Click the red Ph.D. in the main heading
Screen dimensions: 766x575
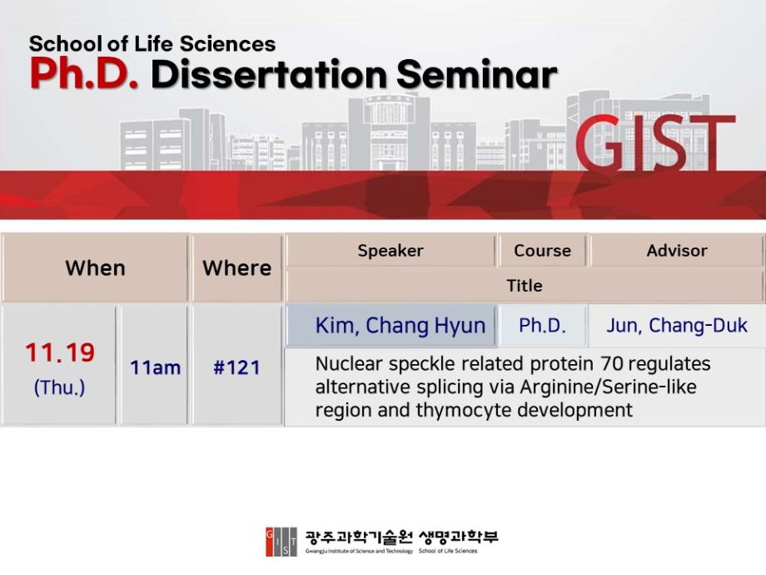[83, 74]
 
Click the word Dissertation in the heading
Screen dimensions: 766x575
[268, 74]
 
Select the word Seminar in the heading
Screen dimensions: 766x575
[476, 74]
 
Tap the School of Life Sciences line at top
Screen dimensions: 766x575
[152, 44]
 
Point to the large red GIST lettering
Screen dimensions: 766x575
[654, 142]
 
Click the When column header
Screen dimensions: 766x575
[95, 268]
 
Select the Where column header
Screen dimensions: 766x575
[237, 268]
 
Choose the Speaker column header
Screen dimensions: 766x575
[390, 251]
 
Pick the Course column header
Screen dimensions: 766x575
[542, 250]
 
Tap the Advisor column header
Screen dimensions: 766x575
[677, 250]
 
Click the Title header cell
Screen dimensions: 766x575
[525, 286]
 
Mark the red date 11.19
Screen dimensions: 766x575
[60, 352]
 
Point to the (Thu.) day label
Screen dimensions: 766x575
[60, 387]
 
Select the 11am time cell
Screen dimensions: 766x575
[156, 367]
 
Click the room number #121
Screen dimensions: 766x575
[237, 367]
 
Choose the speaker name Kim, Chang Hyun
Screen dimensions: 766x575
[400, 326]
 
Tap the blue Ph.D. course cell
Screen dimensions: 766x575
[542, 326]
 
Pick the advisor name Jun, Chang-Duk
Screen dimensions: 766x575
[677, 326]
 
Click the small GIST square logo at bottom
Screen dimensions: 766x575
[281, 542]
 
